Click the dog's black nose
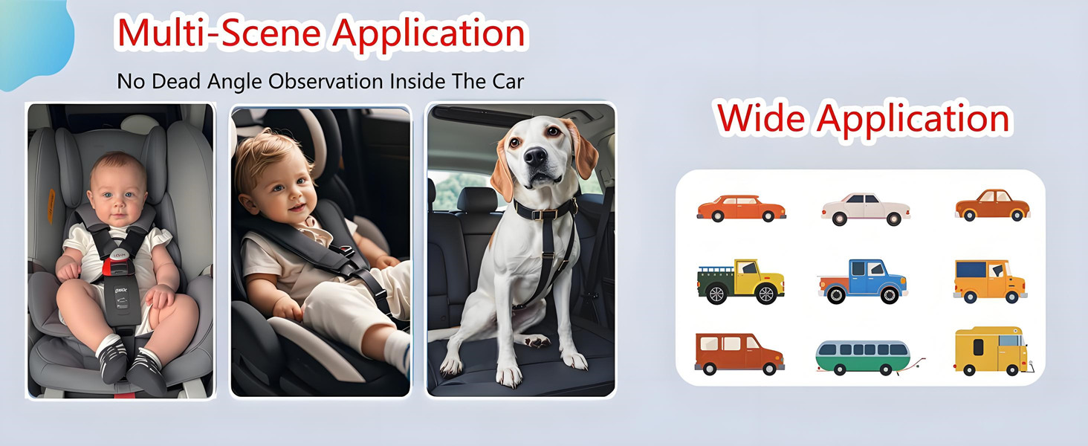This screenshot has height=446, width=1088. (535, 157)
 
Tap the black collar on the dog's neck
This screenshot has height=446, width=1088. (545, 209)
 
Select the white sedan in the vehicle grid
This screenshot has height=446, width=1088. (865, 208)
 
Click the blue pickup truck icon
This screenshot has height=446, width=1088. (863, 280)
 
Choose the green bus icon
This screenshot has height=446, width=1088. (863, 357)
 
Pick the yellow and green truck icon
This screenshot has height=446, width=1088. (740, 281)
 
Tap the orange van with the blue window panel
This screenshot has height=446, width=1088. (989, 280)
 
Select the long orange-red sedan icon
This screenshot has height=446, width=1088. (741, 208)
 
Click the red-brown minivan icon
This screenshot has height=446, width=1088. (739, 353)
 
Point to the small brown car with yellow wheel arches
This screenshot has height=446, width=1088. (992, 205)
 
